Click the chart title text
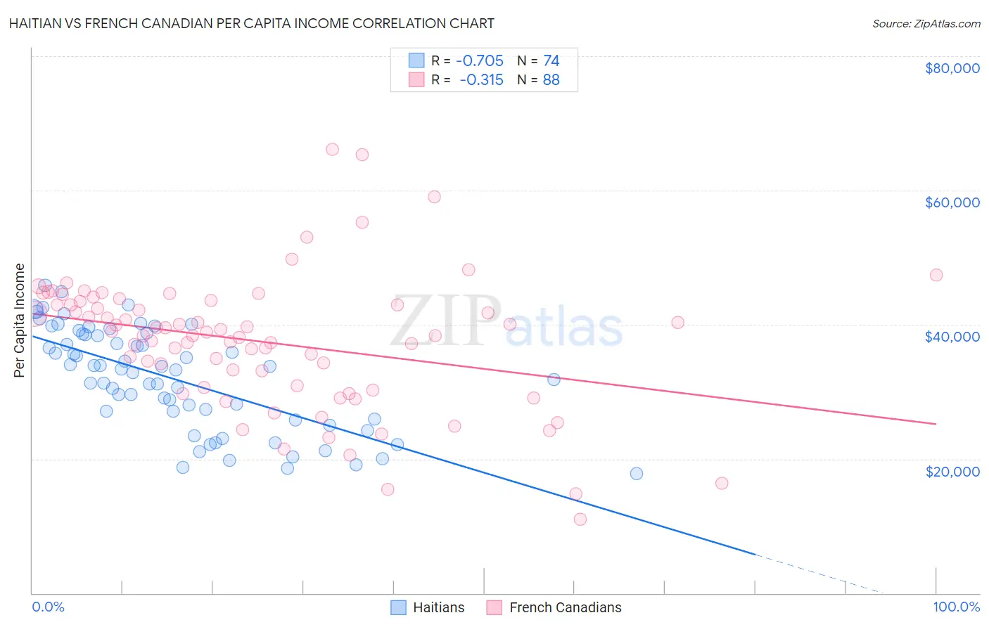[x=253, y=23]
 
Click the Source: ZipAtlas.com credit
[x=926, y=23]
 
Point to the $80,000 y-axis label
[x=952, y=68]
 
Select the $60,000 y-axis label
[x=952, y=202]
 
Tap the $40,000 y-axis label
[x=952, y=337]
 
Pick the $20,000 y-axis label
[x=952, y=471]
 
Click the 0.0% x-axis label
[x=49, y=607]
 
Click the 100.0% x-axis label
[x=956, y=607]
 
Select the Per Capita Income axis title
[x=20, y=321]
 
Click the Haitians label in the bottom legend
[x=439, y=607]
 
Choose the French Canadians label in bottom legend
[x=566, y=607]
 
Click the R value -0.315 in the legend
[x=482, y=80]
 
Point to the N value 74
[x=551, y=61]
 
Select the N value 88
[x=551, y=80]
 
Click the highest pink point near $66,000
[x=332, y=149]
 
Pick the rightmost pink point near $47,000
[x=936, y=275]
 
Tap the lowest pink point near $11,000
[x=580, y=519]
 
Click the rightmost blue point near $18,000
[x=637, y=474]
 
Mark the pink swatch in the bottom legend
[x=494, y=607]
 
